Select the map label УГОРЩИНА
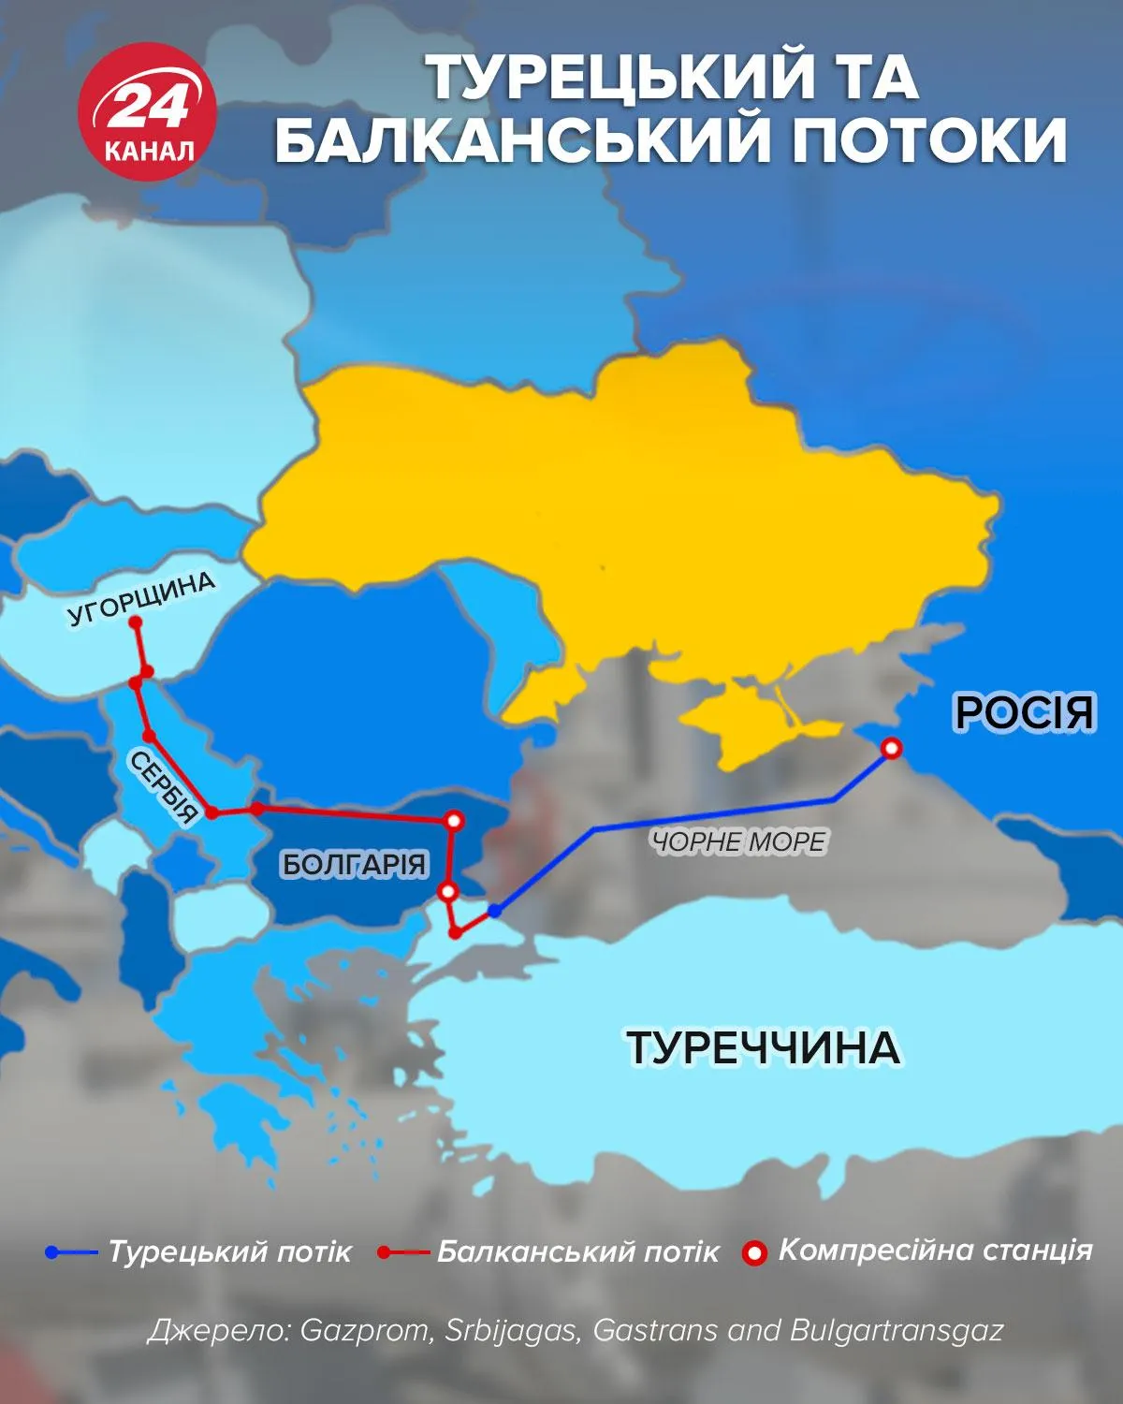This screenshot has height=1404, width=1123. pos(141,598)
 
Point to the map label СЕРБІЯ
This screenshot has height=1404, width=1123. pos(165,785)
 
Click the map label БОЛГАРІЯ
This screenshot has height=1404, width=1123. pos(354,863)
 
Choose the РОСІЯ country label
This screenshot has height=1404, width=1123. pos(1024,712)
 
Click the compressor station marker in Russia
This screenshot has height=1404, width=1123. pos(892,748)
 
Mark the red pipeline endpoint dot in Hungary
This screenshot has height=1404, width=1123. pos(135,622)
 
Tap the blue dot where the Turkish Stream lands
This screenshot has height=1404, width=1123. pos(494,910)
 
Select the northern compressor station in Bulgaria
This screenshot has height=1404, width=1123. pos(454,821)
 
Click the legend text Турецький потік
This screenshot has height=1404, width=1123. pos(230,1251)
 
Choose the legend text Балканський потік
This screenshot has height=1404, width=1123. pos(578,1251)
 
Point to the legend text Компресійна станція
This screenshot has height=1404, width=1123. pos(935,1250)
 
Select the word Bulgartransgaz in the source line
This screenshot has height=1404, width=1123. pos(897,1330)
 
